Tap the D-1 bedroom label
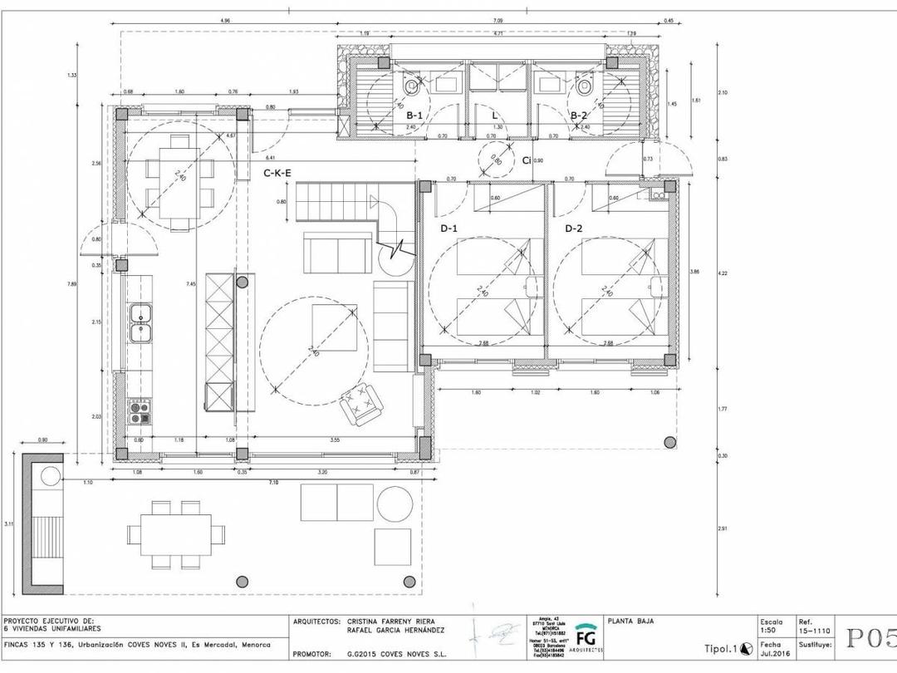448,228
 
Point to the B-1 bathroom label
413,115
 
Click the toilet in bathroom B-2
585,86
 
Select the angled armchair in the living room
362,404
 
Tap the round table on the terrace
395,504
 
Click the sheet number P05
871,638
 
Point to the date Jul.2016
772,654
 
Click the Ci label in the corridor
526,160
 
